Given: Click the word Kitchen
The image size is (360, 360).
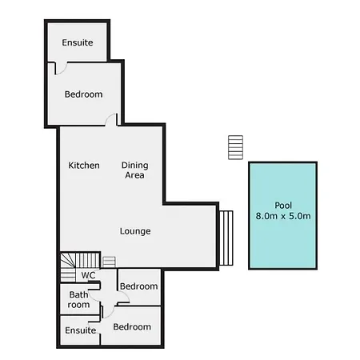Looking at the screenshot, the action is (x=84, y=166).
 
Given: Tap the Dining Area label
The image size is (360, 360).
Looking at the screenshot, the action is (x=135, y=170).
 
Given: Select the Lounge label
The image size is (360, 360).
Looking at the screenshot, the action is (x=135, y=231).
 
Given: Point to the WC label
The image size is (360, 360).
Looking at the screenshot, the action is (x=88, y=275).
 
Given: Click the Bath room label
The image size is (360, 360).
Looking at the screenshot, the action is (x=78, y=299).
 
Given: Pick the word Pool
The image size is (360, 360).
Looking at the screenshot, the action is (x=283, y=206).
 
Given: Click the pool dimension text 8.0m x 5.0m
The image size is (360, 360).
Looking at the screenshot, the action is (x=283, y=216).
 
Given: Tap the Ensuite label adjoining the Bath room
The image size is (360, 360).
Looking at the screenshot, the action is (x=81, y=330).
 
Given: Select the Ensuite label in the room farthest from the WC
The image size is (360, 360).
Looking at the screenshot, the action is (x=78, y=42).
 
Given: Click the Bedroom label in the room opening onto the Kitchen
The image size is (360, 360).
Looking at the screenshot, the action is (x=84, y=94).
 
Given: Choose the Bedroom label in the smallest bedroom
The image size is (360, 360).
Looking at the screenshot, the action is (x=139, y=286).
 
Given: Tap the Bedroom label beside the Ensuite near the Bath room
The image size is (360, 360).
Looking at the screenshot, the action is (x=132, y=327).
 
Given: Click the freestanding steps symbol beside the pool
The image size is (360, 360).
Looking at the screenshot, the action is (x=236, y=147).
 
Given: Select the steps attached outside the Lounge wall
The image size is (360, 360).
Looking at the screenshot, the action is (x=226, y=238).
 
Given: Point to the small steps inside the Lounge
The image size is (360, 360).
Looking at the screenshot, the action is (x=109, y=262).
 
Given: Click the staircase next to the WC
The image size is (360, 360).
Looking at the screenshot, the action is (x=80, y=266).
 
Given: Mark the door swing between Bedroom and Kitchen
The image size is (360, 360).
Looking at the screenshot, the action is (x=110, y=119).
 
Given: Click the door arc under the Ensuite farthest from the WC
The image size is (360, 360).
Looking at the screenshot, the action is (x=61, y=69).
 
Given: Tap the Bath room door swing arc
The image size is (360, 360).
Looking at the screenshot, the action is (x=94, y=296).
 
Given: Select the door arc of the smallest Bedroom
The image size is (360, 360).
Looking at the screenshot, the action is (x=124, y=297).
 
